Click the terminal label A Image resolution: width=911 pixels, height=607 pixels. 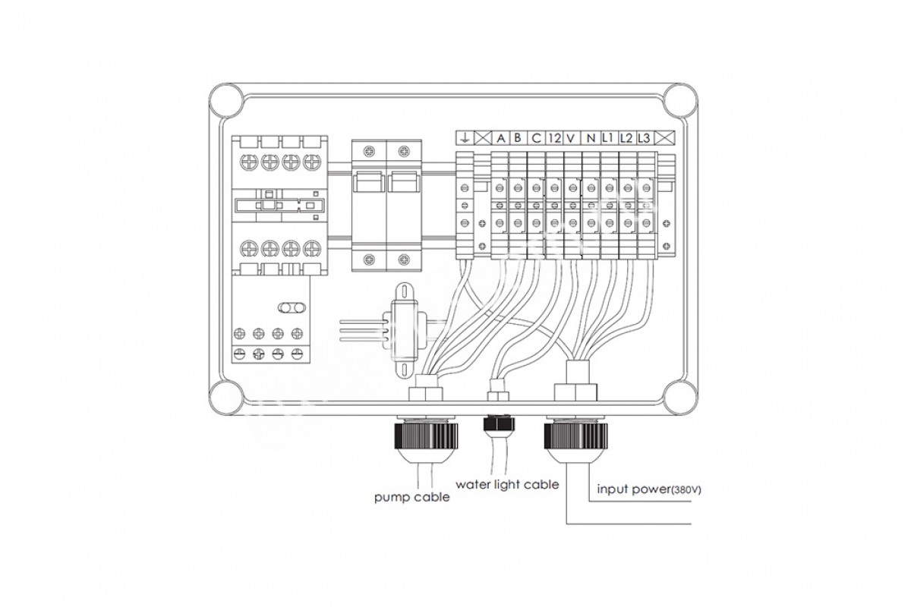(x=500, y=139)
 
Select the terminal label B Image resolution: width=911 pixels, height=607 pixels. (x=517, y=138)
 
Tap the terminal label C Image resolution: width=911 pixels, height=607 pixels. (x=536, y=139)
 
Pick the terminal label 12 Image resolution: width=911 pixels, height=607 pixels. (x=554, y=139)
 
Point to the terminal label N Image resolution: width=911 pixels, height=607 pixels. (x=591, y=139)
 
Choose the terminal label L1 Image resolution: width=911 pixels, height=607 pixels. (x=607, y=138)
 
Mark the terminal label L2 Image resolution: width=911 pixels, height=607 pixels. (x=626, y=139)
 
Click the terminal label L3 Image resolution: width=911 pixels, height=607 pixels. (x=645, y=139)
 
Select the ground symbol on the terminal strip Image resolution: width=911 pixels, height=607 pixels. (x=465, y=139)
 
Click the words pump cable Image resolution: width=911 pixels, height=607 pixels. (x=411, y=497)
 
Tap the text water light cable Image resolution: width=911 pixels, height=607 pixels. (x=507, y=484)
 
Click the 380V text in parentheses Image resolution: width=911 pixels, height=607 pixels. (x=687, y=490)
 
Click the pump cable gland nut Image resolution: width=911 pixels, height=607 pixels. (x=426, y=436)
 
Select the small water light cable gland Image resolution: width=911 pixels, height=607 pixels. (x=499, y=423)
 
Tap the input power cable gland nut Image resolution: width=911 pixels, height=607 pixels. (x=575, y=436)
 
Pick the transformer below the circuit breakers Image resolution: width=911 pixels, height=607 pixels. (x=404, y=329)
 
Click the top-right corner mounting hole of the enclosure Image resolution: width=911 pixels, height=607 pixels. (x=681, y=100)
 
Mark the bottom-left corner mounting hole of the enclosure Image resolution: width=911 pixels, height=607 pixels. (x=226, y=398)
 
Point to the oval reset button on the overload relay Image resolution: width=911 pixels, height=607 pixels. (x=292, y=308)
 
